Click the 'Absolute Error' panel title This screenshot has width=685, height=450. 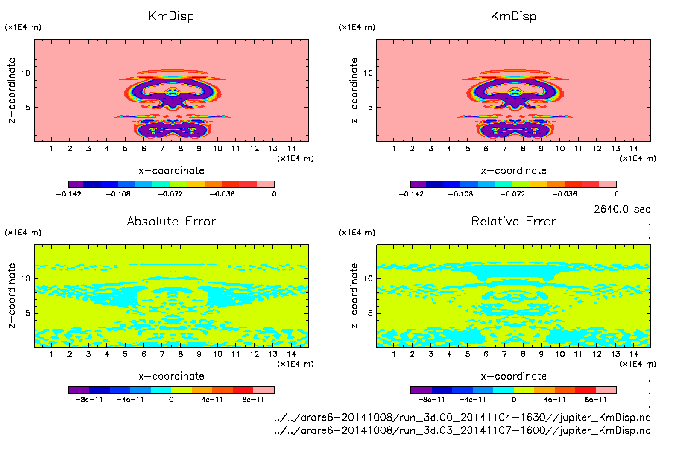pos(171,221)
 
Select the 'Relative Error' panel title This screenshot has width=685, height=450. pos(514,221)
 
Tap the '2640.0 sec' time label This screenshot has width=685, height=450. pos(622,209)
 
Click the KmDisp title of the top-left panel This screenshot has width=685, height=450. pos(171,16)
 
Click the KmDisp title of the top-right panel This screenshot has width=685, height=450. pos(513,16)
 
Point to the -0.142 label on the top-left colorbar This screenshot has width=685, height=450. pos(69,194)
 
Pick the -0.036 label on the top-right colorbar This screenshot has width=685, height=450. pos(565,194)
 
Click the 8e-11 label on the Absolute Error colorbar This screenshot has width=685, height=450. pos(253,400)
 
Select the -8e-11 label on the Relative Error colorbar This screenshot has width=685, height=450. pos(431,400)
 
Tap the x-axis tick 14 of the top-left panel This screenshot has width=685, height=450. pos(291,149)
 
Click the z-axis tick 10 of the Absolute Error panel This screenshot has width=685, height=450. pos(26,279)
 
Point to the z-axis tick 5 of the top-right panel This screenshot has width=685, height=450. pos(370,108)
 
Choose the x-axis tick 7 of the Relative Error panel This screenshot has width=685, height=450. pos(504,354)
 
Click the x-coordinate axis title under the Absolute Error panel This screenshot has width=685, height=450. pos(171,376)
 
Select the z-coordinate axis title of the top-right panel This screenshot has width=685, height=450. pos(354,91)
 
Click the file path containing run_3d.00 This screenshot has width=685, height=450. pos(462,418)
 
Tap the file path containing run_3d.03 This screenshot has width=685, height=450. pos(462,430)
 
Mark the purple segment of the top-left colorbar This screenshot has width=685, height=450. pos(76,184)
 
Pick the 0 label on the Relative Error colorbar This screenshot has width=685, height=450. pos(514,400)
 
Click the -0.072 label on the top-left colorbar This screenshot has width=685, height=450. pos(170,194)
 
